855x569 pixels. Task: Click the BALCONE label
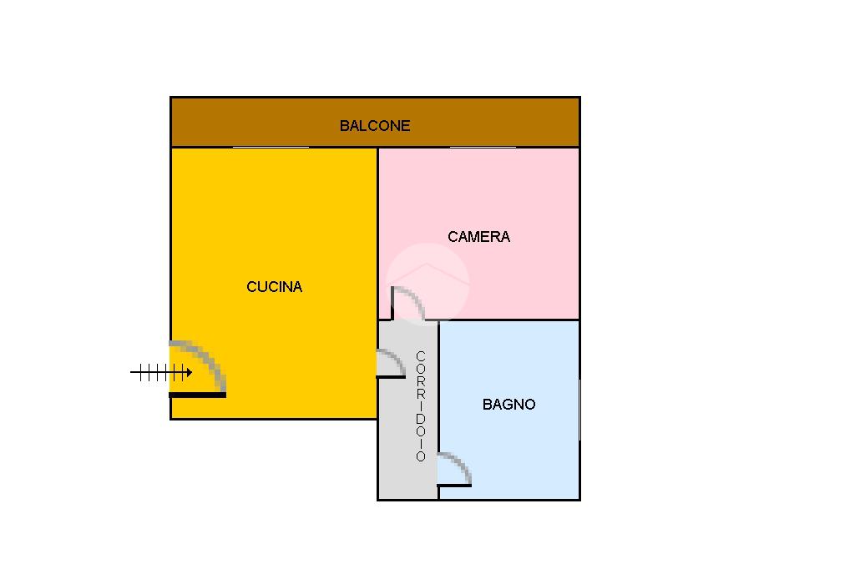coord(374,126)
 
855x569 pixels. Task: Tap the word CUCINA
coord(274,287)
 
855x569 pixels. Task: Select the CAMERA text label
coord(478,237)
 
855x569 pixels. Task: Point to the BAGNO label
coord(508,405)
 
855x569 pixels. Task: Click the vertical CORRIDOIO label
coord(421,406)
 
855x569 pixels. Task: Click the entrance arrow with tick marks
coord(161,373)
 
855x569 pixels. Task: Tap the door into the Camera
coord(408,304)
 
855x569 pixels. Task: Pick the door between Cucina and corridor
coord(390,364)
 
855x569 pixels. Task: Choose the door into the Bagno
coord(454,470)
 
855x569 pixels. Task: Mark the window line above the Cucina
coord(270,147)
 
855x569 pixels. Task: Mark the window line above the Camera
coord(483,147)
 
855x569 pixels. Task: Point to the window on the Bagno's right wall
coord(579,408)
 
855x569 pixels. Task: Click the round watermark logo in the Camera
coord(428,282)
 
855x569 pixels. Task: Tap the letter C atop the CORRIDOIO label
coord(421,357)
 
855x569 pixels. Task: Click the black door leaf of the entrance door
coord(198,395)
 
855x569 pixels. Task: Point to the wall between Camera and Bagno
coord(509,320)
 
